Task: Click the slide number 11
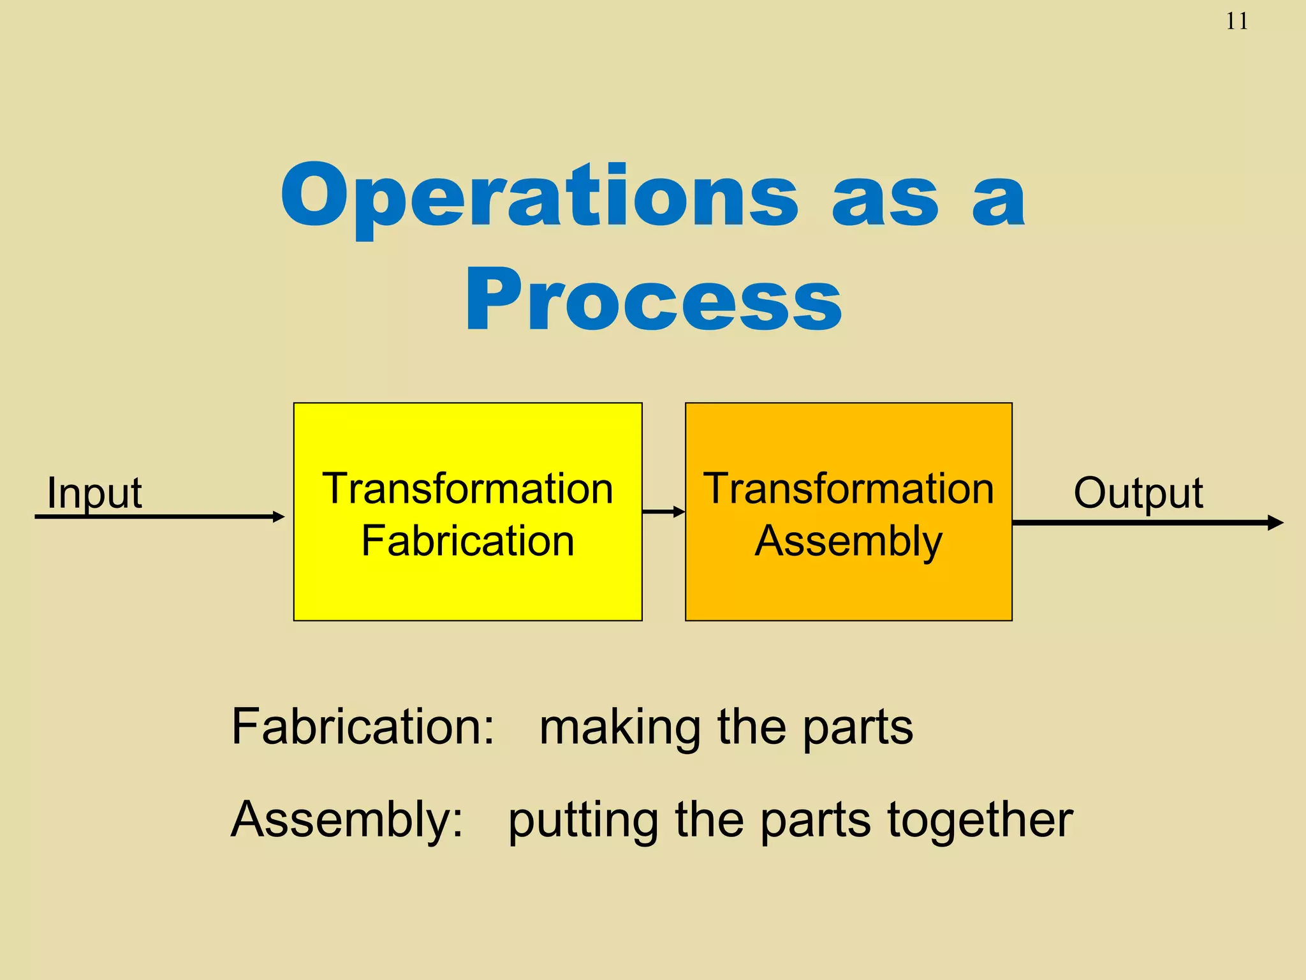(x=1236, y=22)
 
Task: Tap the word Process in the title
(x=654, y=300)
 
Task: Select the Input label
(x=94, y=493)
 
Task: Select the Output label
(x=1138, y=493)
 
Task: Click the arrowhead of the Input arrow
(x=279, y=517)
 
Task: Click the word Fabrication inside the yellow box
(x=467, y=541)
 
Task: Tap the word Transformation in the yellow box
(x=467, y=489)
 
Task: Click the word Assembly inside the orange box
(x=848, y=541)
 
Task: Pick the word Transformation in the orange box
(x=848, y=489)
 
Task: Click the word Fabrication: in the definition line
(x=362, y=727)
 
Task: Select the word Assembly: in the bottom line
(x=347, y=819)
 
